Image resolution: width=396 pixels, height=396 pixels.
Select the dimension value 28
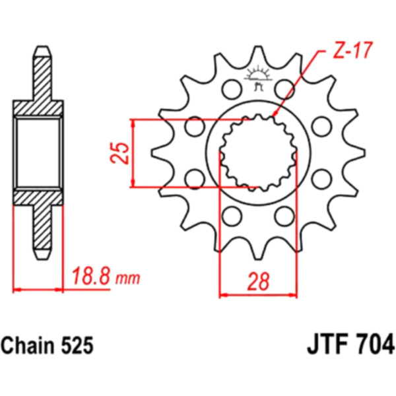coord(258,281)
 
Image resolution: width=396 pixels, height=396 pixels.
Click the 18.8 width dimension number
coord(91,277)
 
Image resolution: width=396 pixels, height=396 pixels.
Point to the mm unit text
coord(127,279)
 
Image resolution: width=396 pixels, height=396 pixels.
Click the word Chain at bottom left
coord(26,345)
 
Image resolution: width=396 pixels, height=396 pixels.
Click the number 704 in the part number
coord(375,343)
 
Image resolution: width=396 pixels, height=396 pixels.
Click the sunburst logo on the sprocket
coord(258,75)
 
